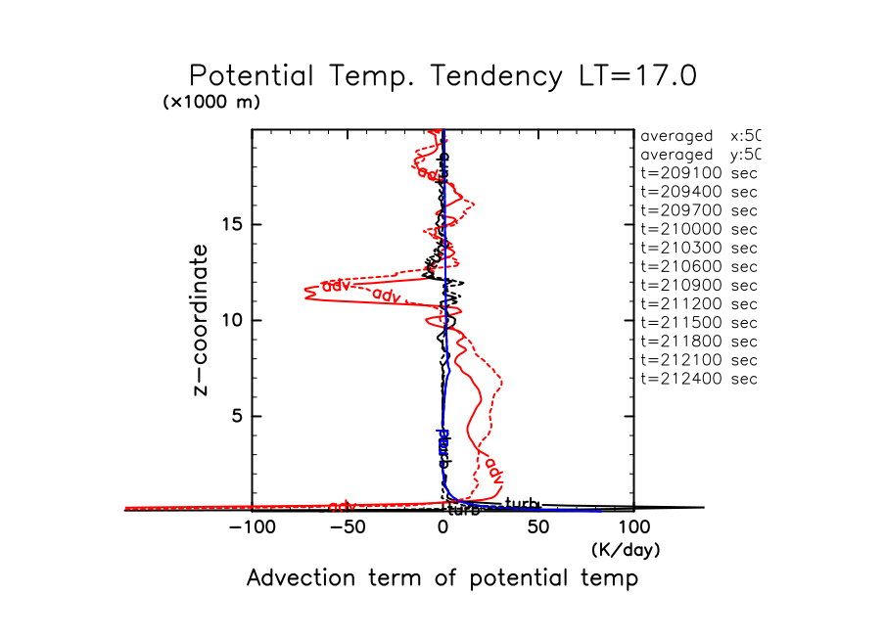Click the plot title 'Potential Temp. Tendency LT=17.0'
[x=442, y=76]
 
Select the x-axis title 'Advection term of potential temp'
[x=442, y=578]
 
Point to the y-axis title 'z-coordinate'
[x=201, y=320]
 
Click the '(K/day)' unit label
[x=626, y=550]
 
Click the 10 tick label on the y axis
[x=232, y=320]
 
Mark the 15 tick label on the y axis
[x=232, y=224]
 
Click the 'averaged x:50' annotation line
[x=699, y=136]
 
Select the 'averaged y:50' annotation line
[x=699, y=155]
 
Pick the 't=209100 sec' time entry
[x=699, y=173]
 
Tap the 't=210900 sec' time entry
[x=699, y=285]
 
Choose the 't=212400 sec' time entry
[x=699, y=378]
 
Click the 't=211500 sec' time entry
[x=699, y=322]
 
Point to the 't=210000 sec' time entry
[x=699, y=229]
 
